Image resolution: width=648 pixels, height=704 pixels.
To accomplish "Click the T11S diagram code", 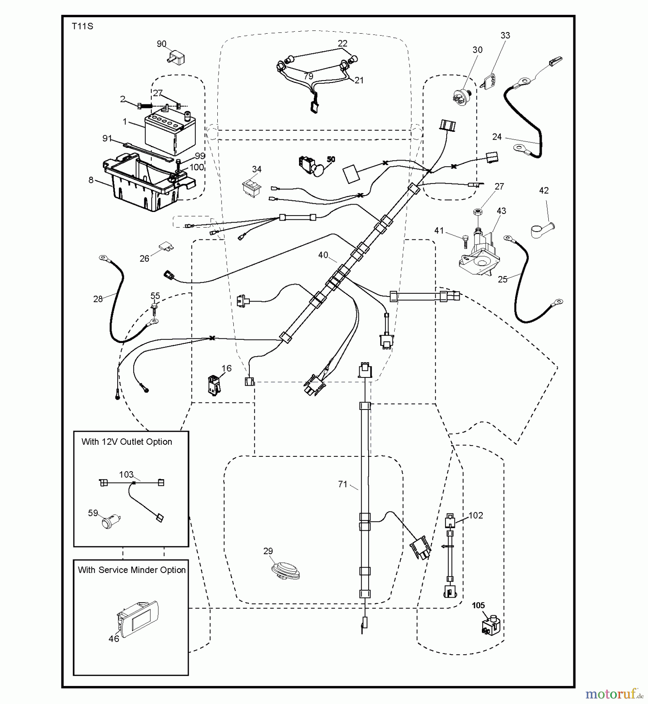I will (x=82, y=27).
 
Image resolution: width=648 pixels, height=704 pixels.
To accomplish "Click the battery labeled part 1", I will (x=165, y=134).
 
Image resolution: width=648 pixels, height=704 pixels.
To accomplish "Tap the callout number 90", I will (x=161, y=44).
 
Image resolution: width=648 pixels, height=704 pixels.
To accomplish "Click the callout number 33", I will (x=505, y=35).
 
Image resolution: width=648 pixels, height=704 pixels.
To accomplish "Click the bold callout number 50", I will (x=331, y=160).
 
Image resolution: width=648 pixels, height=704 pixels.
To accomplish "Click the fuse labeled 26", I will (x=166, y=247).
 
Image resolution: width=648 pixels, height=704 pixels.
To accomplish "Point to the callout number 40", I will (x=323, y=255).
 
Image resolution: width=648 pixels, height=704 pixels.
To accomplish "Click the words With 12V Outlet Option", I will (x=127, y=442).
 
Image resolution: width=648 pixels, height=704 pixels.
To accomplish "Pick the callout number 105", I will (x=478, y=605).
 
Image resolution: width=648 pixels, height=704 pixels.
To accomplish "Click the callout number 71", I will (x=342, y=484).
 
